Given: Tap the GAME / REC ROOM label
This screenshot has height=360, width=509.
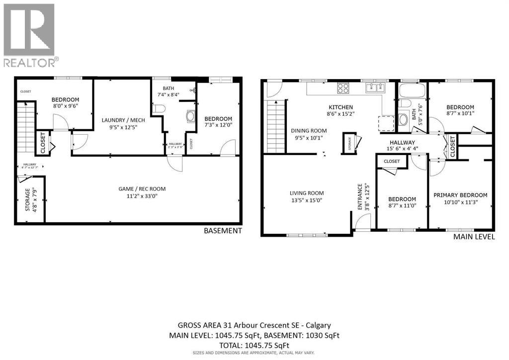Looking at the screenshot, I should (x=142, y=188).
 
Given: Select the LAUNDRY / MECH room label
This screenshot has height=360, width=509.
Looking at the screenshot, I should (x=122, y=120).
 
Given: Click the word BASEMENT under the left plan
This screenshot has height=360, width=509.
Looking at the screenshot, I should (x=223, y=231).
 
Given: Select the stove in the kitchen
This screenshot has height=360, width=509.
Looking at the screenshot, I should (x=343, y=89).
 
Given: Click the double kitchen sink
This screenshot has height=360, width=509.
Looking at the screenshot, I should (x=376, y=88).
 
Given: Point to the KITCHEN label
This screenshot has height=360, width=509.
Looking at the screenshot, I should (x=340, y=107).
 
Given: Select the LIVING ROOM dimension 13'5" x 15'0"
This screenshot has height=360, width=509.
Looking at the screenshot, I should (x=307, y=200).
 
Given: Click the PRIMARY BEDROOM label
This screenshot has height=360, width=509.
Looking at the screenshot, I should (x=460, y=195).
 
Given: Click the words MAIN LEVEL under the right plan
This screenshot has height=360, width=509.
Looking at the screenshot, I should (x=474, y=237).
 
